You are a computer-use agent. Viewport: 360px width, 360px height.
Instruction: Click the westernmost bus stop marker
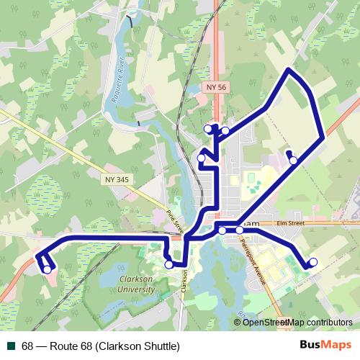click(47, 269)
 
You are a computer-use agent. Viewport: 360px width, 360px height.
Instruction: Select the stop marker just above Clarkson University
click(168, 264)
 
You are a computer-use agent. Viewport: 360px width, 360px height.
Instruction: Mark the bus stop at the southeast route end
click(313, 262)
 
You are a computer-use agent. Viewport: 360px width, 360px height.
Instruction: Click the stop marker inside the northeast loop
click(293, 160)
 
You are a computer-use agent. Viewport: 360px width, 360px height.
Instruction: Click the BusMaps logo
click(324, 346)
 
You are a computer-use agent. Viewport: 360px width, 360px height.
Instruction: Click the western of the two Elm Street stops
click(222, 230)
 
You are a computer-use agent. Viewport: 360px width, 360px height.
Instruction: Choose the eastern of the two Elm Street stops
click(240, 230)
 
